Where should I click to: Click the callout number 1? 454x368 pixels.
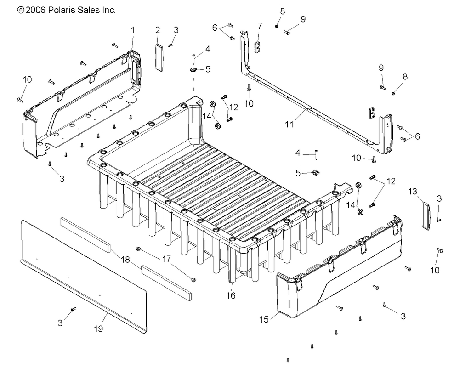pyautogui.click(x=133, y=30)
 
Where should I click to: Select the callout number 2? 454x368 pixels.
pyautogui.click(x=158, y=30)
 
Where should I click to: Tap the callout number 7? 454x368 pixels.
pyautogui.click(x=260, y=25)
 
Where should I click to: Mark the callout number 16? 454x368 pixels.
pyautogui.click(x=231, y=296)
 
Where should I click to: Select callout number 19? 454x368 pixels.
pyautogui.click(x=98, y=329)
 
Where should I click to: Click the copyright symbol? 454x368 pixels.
pyautogui.click(x=20, y=10)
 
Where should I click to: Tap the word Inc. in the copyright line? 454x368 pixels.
pyautogui.click(x=108, y=10)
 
